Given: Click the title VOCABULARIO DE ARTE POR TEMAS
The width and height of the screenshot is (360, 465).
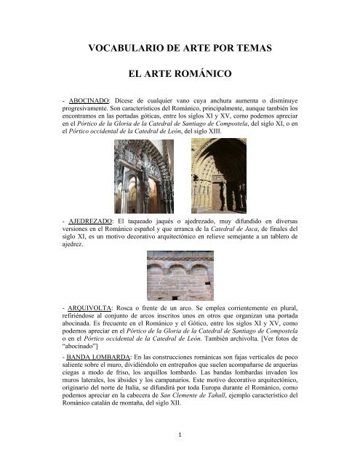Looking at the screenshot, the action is tap(180, 49).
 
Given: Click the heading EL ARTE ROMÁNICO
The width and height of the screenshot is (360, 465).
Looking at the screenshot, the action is tap(180, 74).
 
